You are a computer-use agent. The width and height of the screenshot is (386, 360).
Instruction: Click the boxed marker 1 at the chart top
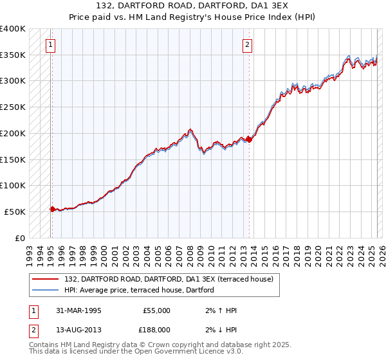50,44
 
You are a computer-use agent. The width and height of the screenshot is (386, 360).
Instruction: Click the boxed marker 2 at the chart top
247,44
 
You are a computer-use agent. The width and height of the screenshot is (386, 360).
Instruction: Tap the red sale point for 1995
52,208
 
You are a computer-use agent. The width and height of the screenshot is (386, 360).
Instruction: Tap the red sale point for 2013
249,139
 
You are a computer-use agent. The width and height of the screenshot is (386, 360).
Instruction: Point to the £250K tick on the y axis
14,107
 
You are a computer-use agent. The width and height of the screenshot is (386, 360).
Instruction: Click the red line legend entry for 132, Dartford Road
169,278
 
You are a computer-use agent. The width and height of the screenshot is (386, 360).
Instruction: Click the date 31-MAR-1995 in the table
78,310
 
